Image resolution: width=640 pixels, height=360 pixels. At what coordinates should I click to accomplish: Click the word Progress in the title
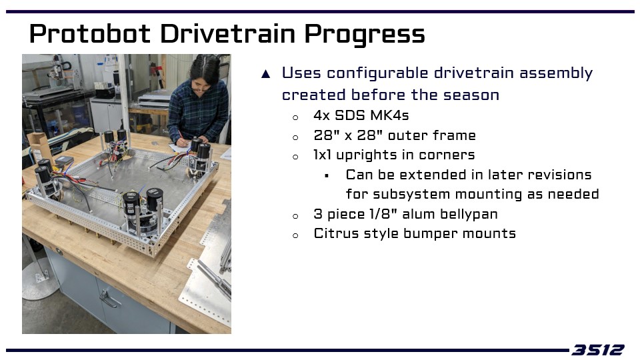pos(365,34)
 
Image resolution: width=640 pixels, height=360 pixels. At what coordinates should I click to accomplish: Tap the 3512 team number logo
pos(598,350)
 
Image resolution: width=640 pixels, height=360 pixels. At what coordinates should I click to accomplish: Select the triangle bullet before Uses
pos(266,74)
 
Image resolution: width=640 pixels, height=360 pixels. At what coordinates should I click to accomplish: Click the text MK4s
pos(389,115)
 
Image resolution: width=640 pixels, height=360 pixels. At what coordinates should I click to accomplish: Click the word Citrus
pos(336,233)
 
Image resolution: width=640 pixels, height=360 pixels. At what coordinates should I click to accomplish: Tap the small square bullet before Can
pos(327,176)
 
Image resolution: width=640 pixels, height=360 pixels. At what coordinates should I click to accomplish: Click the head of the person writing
pos(205,74)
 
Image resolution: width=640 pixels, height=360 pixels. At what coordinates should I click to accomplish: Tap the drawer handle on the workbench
pos(109,299)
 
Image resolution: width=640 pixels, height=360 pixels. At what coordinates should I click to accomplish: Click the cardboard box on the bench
pos(39,147)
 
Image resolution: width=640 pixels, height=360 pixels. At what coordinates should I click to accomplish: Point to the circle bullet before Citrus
pos(295,235)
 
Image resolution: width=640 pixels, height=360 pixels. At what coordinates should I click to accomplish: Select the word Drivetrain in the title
pos(228,33)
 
